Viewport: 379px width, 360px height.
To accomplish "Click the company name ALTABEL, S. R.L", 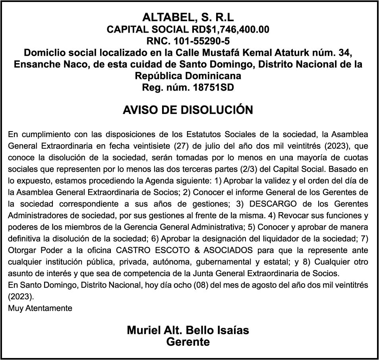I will [188, 17].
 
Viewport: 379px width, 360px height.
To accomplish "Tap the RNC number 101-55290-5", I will [205, 41].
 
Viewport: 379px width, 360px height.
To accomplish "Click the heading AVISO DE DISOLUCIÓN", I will [188, 110].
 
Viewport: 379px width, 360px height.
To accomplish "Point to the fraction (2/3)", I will [249, 169].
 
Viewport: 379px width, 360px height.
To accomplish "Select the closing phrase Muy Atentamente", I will [40, 308].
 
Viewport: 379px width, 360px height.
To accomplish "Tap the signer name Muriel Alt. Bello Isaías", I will [188, 330].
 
